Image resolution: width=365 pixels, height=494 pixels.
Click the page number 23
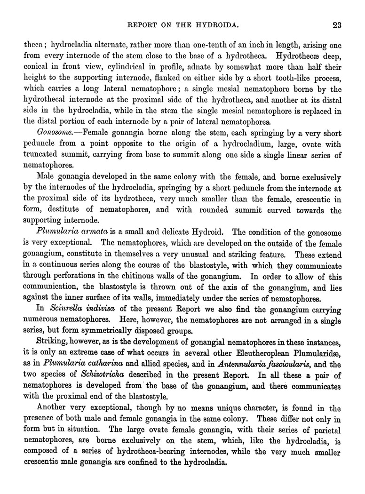[x=336, y=25]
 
